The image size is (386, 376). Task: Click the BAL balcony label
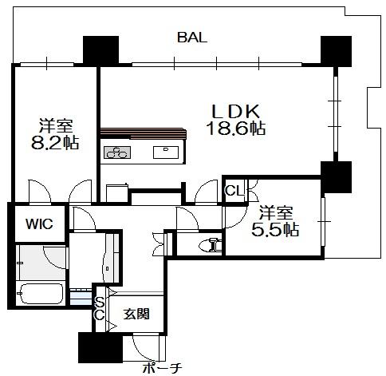192,38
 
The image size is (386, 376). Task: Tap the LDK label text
235,112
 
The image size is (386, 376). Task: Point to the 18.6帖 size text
235,129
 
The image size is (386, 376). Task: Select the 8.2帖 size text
55,143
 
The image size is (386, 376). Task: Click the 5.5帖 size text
275,229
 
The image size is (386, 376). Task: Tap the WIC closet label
39,224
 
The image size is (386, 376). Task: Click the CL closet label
234,191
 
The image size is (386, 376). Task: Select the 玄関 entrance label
136,314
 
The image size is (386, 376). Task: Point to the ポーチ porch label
163,368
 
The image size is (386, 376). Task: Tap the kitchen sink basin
166,152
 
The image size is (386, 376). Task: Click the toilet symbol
210,245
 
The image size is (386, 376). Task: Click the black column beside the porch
100,347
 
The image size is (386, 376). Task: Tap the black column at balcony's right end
336,51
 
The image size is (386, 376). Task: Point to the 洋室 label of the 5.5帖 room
276,212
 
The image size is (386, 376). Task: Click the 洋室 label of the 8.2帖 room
56,125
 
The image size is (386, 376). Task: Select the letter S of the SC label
100,302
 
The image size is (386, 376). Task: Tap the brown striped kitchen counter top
143,133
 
